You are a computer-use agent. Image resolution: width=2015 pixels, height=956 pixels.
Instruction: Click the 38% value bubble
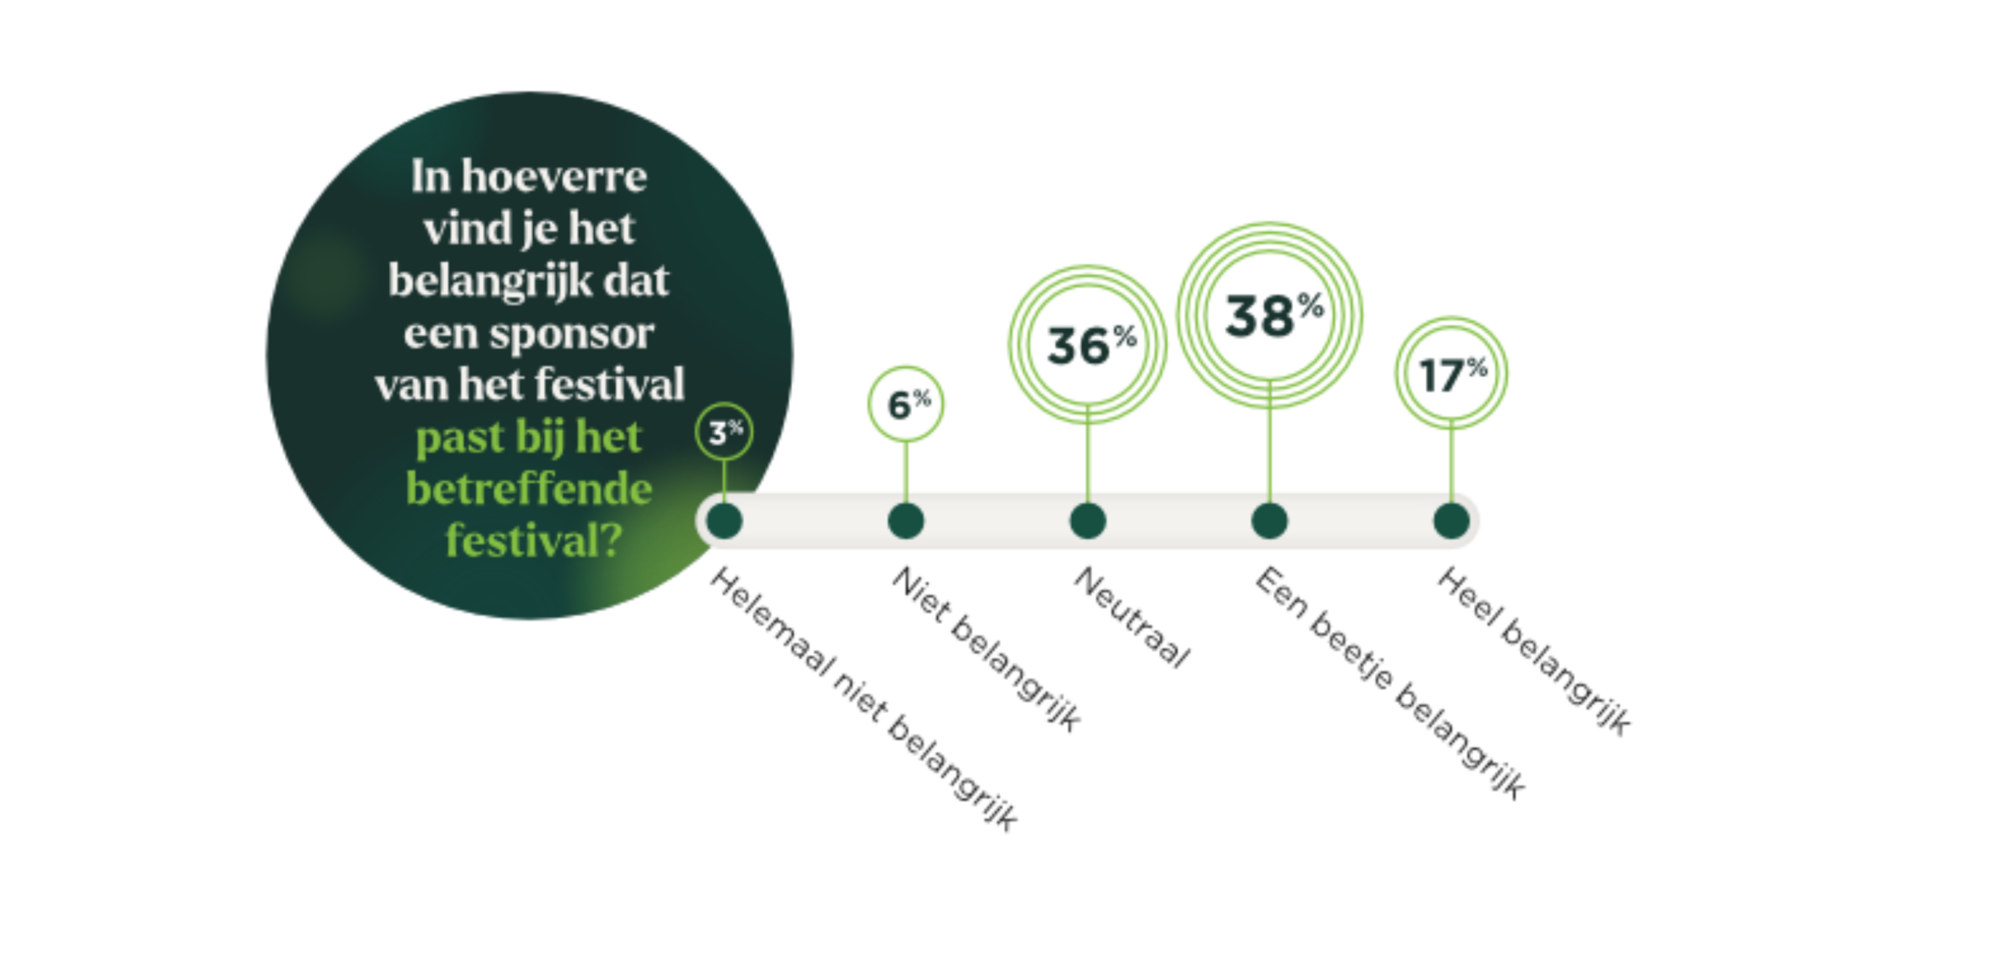click(x=1269, y=315)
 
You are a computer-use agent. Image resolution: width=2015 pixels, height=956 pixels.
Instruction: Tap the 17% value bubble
click(x=1451, y=373)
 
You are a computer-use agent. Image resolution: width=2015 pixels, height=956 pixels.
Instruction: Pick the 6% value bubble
click(x=906, y=404)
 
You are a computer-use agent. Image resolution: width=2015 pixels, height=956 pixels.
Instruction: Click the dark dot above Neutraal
click(x=1087, y=520)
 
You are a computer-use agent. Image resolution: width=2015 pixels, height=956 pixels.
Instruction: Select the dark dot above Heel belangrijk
click(x=1451, y=520)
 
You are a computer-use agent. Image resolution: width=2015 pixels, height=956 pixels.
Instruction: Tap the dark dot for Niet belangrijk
click(x=906, y=520)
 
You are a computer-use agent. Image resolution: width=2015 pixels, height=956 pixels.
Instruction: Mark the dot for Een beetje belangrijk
click(x=1269, y=520)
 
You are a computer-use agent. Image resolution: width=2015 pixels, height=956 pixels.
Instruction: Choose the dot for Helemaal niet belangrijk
click(x=724, y=520)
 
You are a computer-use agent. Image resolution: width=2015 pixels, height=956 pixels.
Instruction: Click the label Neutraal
click(x=1131, y=617)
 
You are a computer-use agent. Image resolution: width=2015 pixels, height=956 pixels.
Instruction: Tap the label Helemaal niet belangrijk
click(x=864, y=699)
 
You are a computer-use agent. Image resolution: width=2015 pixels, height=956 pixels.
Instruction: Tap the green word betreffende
click(x=529, y=489)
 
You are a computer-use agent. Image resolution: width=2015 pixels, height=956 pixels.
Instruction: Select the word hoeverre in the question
click(x=554, y=175)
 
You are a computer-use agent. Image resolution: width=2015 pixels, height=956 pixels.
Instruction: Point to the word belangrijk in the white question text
click(x=490, y=281)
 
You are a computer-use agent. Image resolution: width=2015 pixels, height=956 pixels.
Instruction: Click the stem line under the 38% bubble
click(x=1269, y=442)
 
